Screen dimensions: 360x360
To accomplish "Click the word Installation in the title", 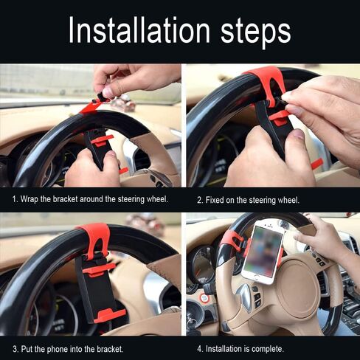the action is (139, 30).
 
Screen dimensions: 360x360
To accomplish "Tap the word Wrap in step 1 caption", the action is (29, 199).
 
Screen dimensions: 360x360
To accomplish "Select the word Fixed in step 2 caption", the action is (215, 200).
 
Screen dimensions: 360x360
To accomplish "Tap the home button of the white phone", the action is (257, 277).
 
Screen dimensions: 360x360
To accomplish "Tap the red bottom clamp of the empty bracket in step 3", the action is (110, 316).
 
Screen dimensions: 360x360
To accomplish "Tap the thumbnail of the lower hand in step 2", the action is (300, 134).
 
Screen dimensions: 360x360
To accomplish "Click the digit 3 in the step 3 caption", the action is (15, 349).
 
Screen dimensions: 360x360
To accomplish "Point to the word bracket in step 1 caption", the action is (66, 199).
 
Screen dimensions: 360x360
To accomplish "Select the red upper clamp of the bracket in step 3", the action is (99, 269).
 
